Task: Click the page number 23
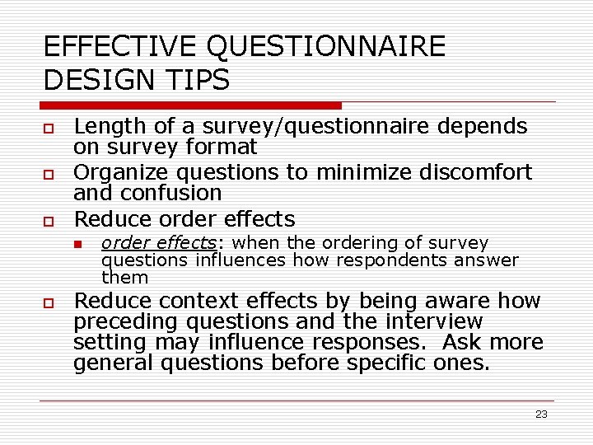point(541,415)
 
